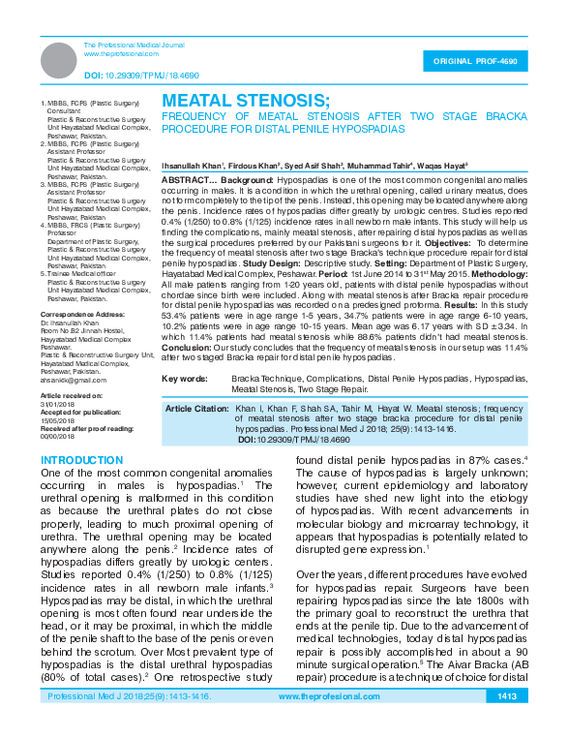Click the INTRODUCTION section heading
pyautogui.click(x=90, y=458)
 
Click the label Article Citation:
pyautogui.click(x=196, y=410)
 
